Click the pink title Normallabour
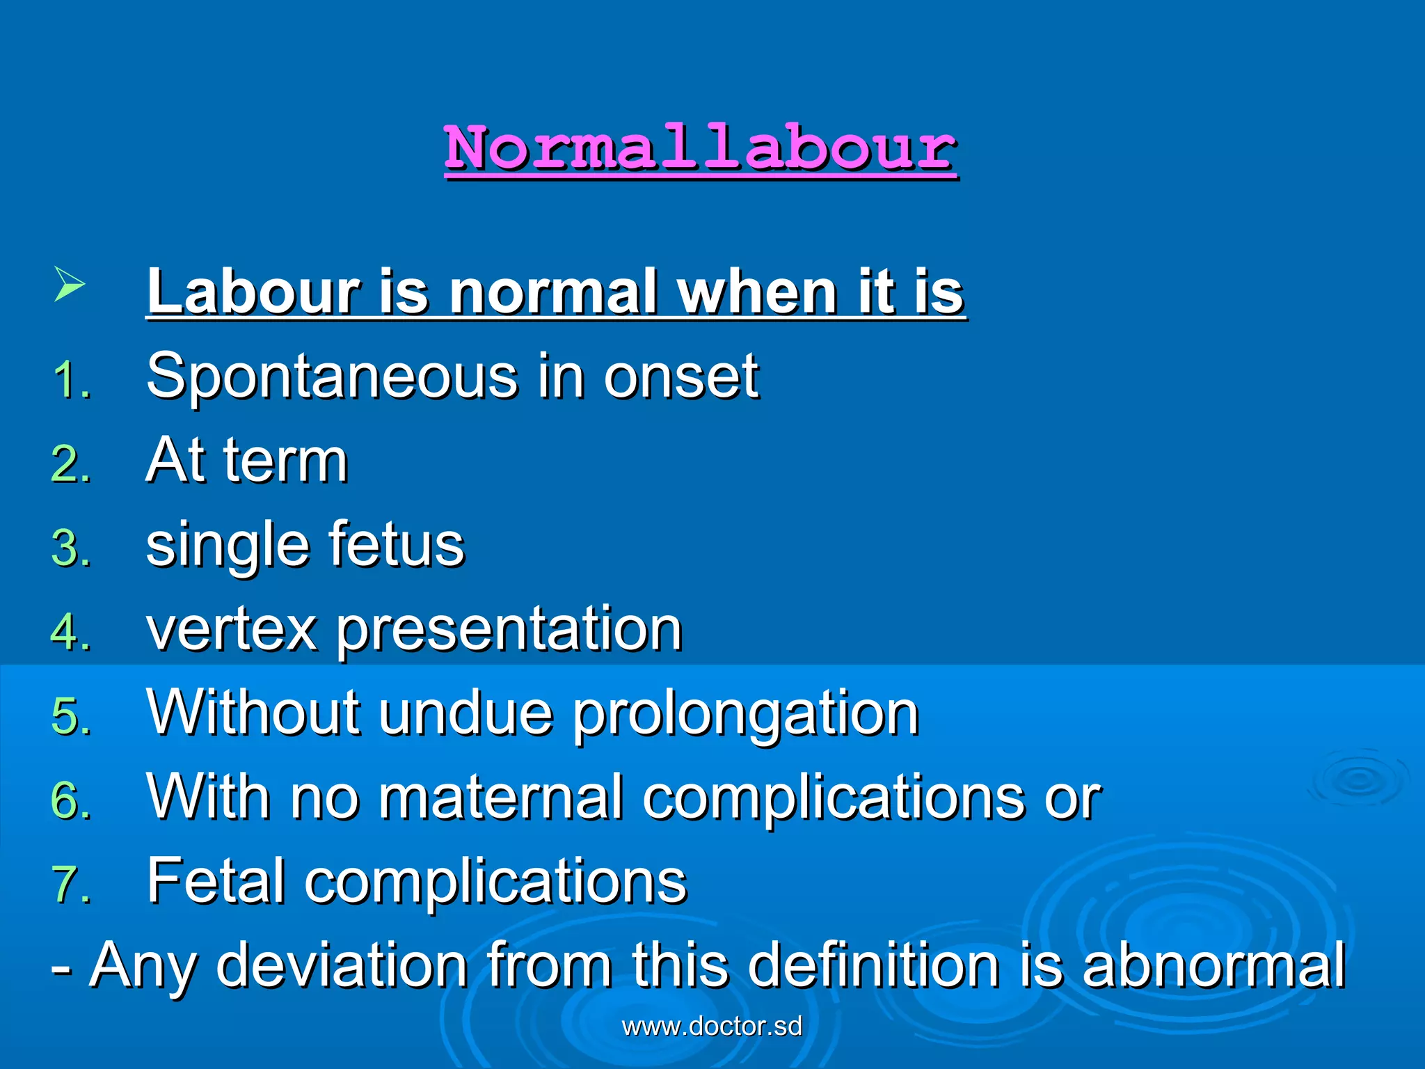[701, 148]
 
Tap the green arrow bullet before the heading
[69, 285]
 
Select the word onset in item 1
[681, 378]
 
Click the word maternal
[500, 798]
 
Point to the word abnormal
[1213, 966]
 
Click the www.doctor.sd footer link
[712, 1027]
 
